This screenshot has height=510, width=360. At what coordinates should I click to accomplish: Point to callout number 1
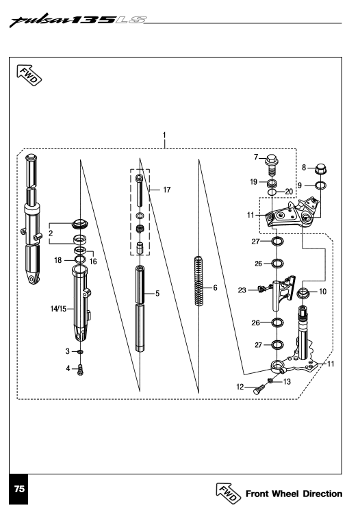[x=164, y=135]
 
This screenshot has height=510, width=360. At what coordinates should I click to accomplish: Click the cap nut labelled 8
[x=318, y=168]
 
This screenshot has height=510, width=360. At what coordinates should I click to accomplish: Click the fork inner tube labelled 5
[x=140, y=308]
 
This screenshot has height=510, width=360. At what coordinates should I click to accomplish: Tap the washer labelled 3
[x=81, y=351]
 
